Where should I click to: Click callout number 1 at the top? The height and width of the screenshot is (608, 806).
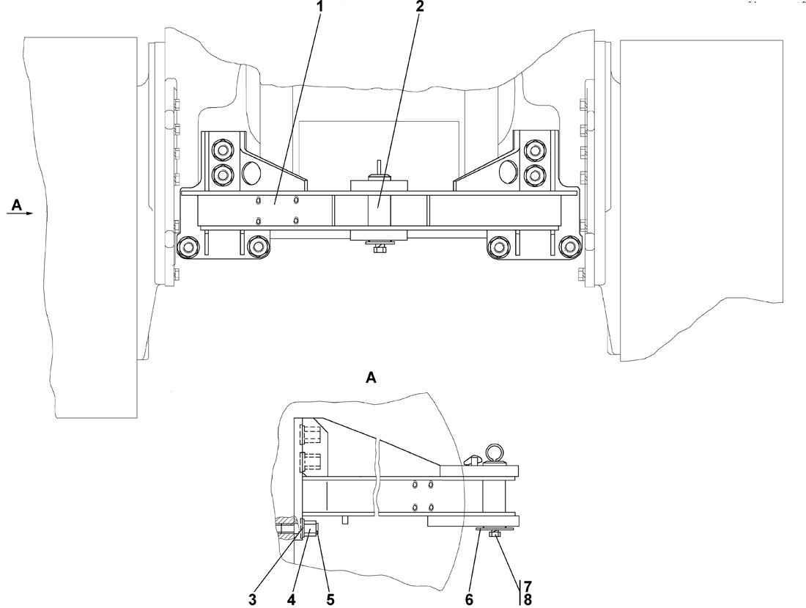click(x=320, y=7)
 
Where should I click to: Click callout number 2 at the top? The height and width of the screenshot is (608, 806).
click(x=420, y=7)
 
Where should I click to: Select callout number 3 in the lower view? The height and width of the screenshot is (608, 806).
click(x=252, y=600)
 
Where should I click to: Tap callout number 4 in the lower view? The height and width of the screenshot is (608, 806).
click(x=292, y=600)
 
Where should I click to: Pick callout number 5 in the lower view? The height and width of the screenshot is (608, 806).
click(x=330, y=600)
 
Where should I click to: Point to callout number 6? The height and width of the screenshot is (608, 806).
click(x=469, y=600)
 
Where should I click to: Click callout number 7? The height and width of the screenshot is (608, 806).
click(x=528, y=586)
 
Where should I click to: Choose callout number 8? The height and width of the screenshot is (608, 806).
click(x=528, y=600)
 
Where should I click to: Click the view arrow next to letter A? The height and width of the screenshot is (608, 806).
click(x=20, y=213)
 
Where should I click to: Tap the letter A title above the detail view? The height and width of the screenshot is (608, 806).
click(x=371, y=378)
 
